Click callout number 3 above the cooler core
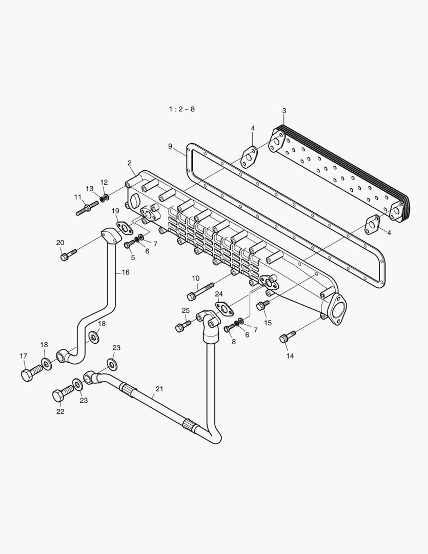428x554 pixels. (x=284, y=111)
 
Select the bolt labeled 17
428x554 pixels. (x=32, y=372)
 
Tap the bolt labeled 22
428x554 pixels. (x=63, y=394)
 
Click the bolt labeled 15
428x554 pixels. (x=262, y=305)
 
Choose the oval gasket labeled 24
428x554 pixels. (x=223, y=308)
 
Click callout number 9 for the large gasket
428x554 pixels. (x=170, y=146)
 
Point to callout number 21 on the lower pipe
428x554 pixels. (x=159, y=389)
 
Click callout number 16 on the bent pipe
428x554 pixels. (x=126, y=272)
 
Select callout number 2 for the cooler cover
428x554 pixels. (x=130, y=163)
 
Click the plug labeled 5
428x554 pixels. (x=129, y=244)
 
